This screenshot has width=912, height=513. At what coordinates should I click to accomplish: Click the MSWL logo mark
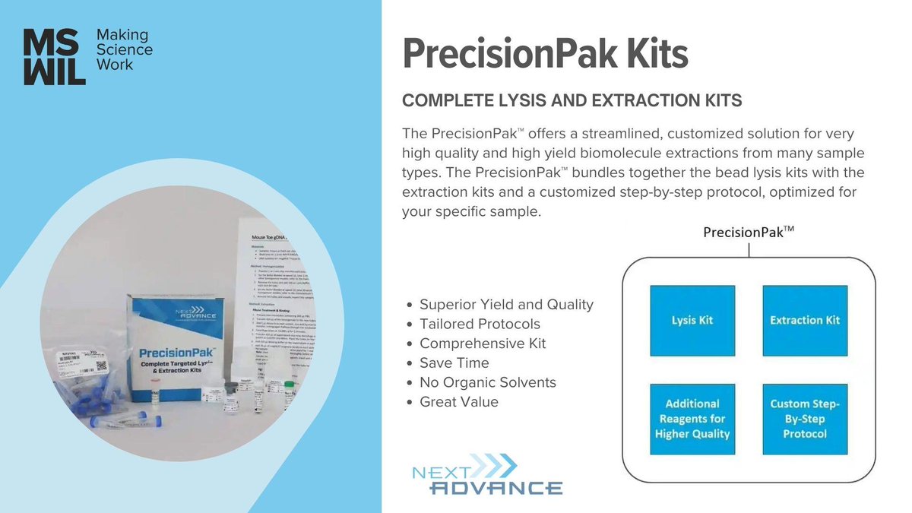(54, 56)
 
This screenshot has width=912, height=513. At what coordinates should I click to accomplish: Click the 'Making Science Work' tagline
(124, 50)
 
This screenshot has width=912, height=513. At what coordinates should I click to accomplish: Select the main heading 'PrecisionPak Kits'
(545, 55)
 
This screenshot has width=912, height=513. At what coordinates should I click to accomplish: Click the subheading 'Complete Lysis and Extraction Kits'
(572, 101)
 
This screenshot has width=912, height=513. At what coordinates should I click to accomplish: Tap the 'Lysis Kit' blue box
(692, 320)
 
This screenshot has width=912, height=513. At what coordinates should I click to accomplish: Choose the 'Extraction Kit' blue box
(804, 320)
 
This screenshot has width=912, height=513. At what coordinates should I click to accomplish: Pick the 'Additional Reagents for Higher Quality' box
(692, 419)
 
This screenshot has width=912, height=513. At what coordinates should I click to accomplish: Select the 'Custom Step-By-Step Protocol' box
(804, 419)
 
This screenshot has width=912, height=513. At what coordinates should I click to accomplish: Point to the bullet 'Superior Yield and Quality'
(506, 305)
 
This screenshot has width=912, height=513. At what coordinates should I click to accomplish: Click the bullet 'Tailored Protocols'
(480, 325)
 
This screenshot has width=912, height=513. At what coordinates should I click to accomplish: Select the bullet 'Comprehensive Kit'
(483, 344)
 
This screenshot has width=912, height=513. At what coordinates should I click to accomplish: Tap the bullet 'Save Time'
(454, 363)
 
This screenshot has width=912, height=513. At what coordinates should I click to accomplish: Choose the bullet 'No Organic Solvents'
(488, 382)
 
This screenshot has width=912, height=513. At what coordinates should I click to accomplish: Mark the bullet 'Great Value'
(459, 402)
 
